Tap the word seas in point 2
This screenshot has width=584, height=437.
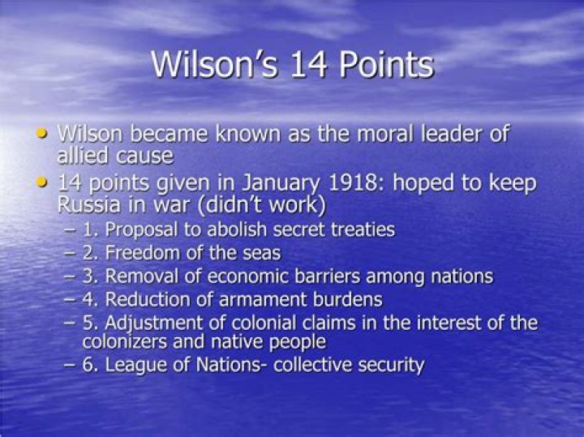261,253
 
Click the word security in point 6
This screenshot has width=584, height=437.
389,365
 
